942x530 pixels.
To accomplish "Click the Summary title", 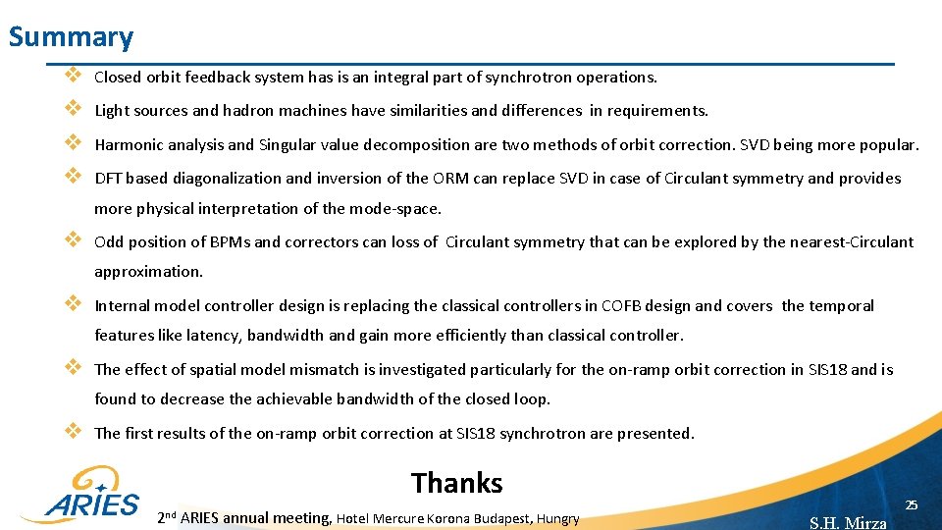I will pyautogui.click(x=71, y=37).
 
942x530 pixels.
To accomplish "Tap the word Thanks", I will pyautogui.click(x=456, y=483).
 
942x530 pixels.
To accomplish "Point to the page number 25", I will pyautogui.click(x=911, y=504).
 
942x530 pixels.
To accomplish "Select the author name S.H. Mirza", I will pyautogui.click(x=848, y=522).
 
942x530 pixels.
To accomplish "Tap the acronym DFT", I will pyautogui.click(x=107, y=179).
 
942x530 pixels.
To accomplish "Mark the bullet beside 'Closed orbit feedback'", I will pyautogui.click(x=72, y=75).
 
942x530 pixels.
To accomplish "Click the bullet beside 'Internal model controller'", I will pyautogui.click(x=72, y=304).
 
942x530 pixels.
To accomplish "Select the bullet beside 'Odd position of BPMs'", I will pyautogui.click(x=72, y=240).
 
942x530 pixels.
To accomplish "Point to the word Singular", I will pyautogui.click(x=288, y=145).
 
